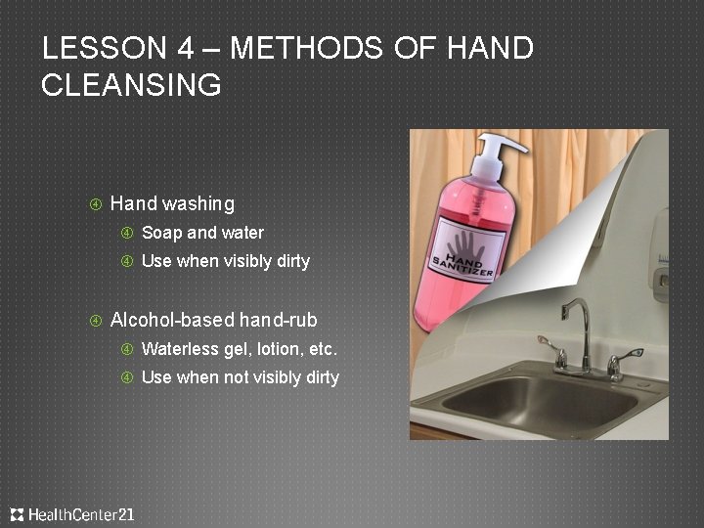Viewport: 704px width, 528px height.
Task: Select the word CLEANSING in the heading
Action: pos(132,85)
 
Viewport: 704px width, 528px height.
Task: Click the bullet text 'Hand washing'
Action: pos(172,203)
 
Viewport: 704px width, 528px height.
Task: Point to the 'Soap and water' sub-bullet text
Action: pos(202,233)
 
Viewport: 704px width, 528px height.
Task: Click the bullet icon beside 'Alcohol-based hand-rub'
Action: pos(96,321)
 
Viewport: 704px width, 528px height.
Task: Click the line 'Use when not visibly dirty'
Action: pos(240,377)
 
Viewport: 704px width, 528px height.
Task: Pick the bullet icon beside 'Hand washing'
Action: pos(96,204)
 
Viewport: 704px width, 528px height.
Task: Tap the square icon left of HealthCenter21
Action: pos(17,514)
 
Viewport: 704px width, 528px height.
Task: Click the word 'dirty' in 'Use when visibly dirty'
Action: pos(290,261)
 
